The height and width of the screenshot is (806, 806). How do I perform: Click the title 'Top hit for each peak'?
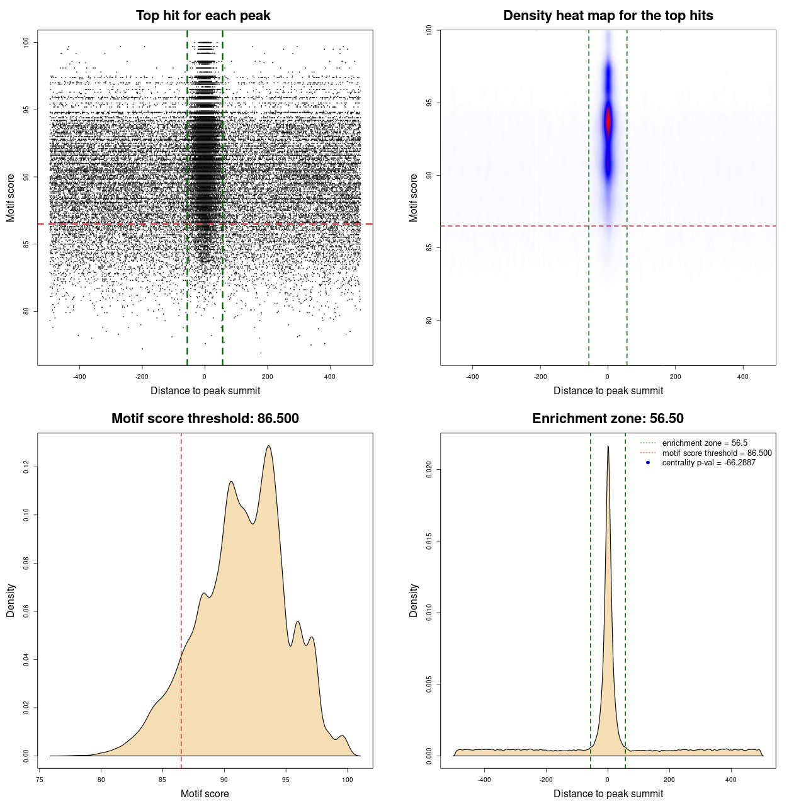coord(203,16)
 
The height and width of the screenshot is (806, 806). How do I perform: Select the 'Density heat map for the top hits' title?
coord(608,16)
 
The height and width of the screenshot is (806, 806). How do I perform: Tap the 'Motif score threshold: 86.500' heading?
coord(205,419)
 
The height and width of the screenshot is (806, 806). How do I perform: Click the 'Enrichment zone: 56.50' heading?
coord(608,419)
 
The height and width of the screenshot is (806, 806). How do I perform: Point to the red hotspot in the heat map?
coord(608,122)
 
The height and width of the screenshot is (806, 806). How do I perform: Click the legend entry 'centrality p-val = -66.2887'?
coord(708,463)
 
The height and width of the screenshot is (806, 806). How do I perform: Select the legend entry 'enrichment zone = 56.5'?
coord(705,443)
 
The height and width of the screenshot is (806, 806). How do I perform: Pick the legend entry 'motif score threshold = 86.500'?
coord(717,453)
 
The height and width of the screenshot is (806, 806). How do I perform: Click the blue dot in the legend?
coord(648,463)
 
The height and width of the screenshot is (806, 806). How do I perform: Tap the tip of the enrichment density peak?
coord(608,446)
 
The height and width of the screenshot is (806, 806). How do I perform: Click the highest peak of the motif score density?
coord(269,446)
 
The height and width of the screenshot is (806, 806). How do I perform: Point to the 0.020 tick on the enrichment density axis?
coord(429,469)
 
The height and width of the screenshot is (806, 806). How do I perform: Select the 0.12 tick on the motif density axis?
coord(26,467)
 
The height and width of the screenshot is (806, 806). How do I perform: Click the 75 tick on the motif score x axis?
coord(40,779)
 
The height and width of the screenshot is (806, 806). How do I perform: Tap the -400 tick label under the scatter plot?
coord(79,377)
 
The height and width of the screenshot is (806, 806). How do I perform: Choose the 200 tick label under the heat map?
coord(675,377)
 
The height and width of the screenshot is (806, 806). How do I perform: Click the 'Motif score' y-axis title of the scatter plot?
coord(11,198)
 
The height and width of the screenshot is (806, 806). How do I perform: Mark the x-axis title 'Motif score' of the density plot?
coord(205,793)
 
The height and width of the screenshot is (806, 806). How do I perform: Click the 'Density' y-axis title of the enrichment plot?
coord(414,600)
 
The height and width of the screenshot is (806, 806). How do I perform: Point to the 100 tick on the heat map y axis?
coord(429,30)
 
